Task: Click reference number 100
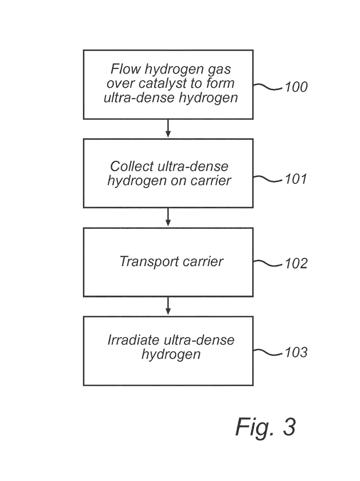296,87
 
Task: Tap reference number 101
296,179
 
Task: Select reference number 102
296,264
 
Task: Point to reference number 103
296,352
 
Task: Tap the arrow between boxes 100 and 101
168,128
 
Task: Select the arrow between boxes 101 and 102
168,217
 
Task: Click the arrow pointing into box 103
168,306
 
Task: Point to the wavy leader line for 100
268,87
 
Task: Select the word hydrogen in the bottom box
171,354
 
